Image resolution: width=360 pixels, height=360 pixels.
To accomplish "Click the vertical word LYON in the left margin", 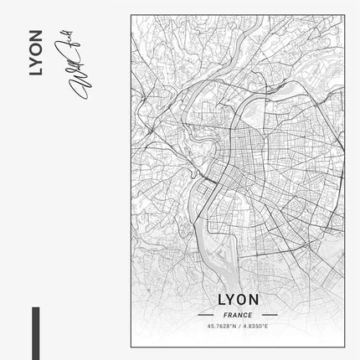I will pos(33,54).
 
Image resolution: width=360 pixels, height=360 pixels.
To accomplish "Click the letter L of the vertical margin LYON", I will pos(33,73).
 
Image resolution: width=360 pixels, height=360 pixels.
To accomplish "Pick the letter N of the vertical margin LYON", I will pos(33,37).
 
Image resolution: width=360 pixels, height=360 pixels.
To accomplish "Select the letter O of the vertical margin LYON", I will pos(33,49).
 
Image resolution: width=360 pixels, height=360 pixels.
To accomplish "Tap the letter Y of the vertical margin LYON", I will pos(33,61).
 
